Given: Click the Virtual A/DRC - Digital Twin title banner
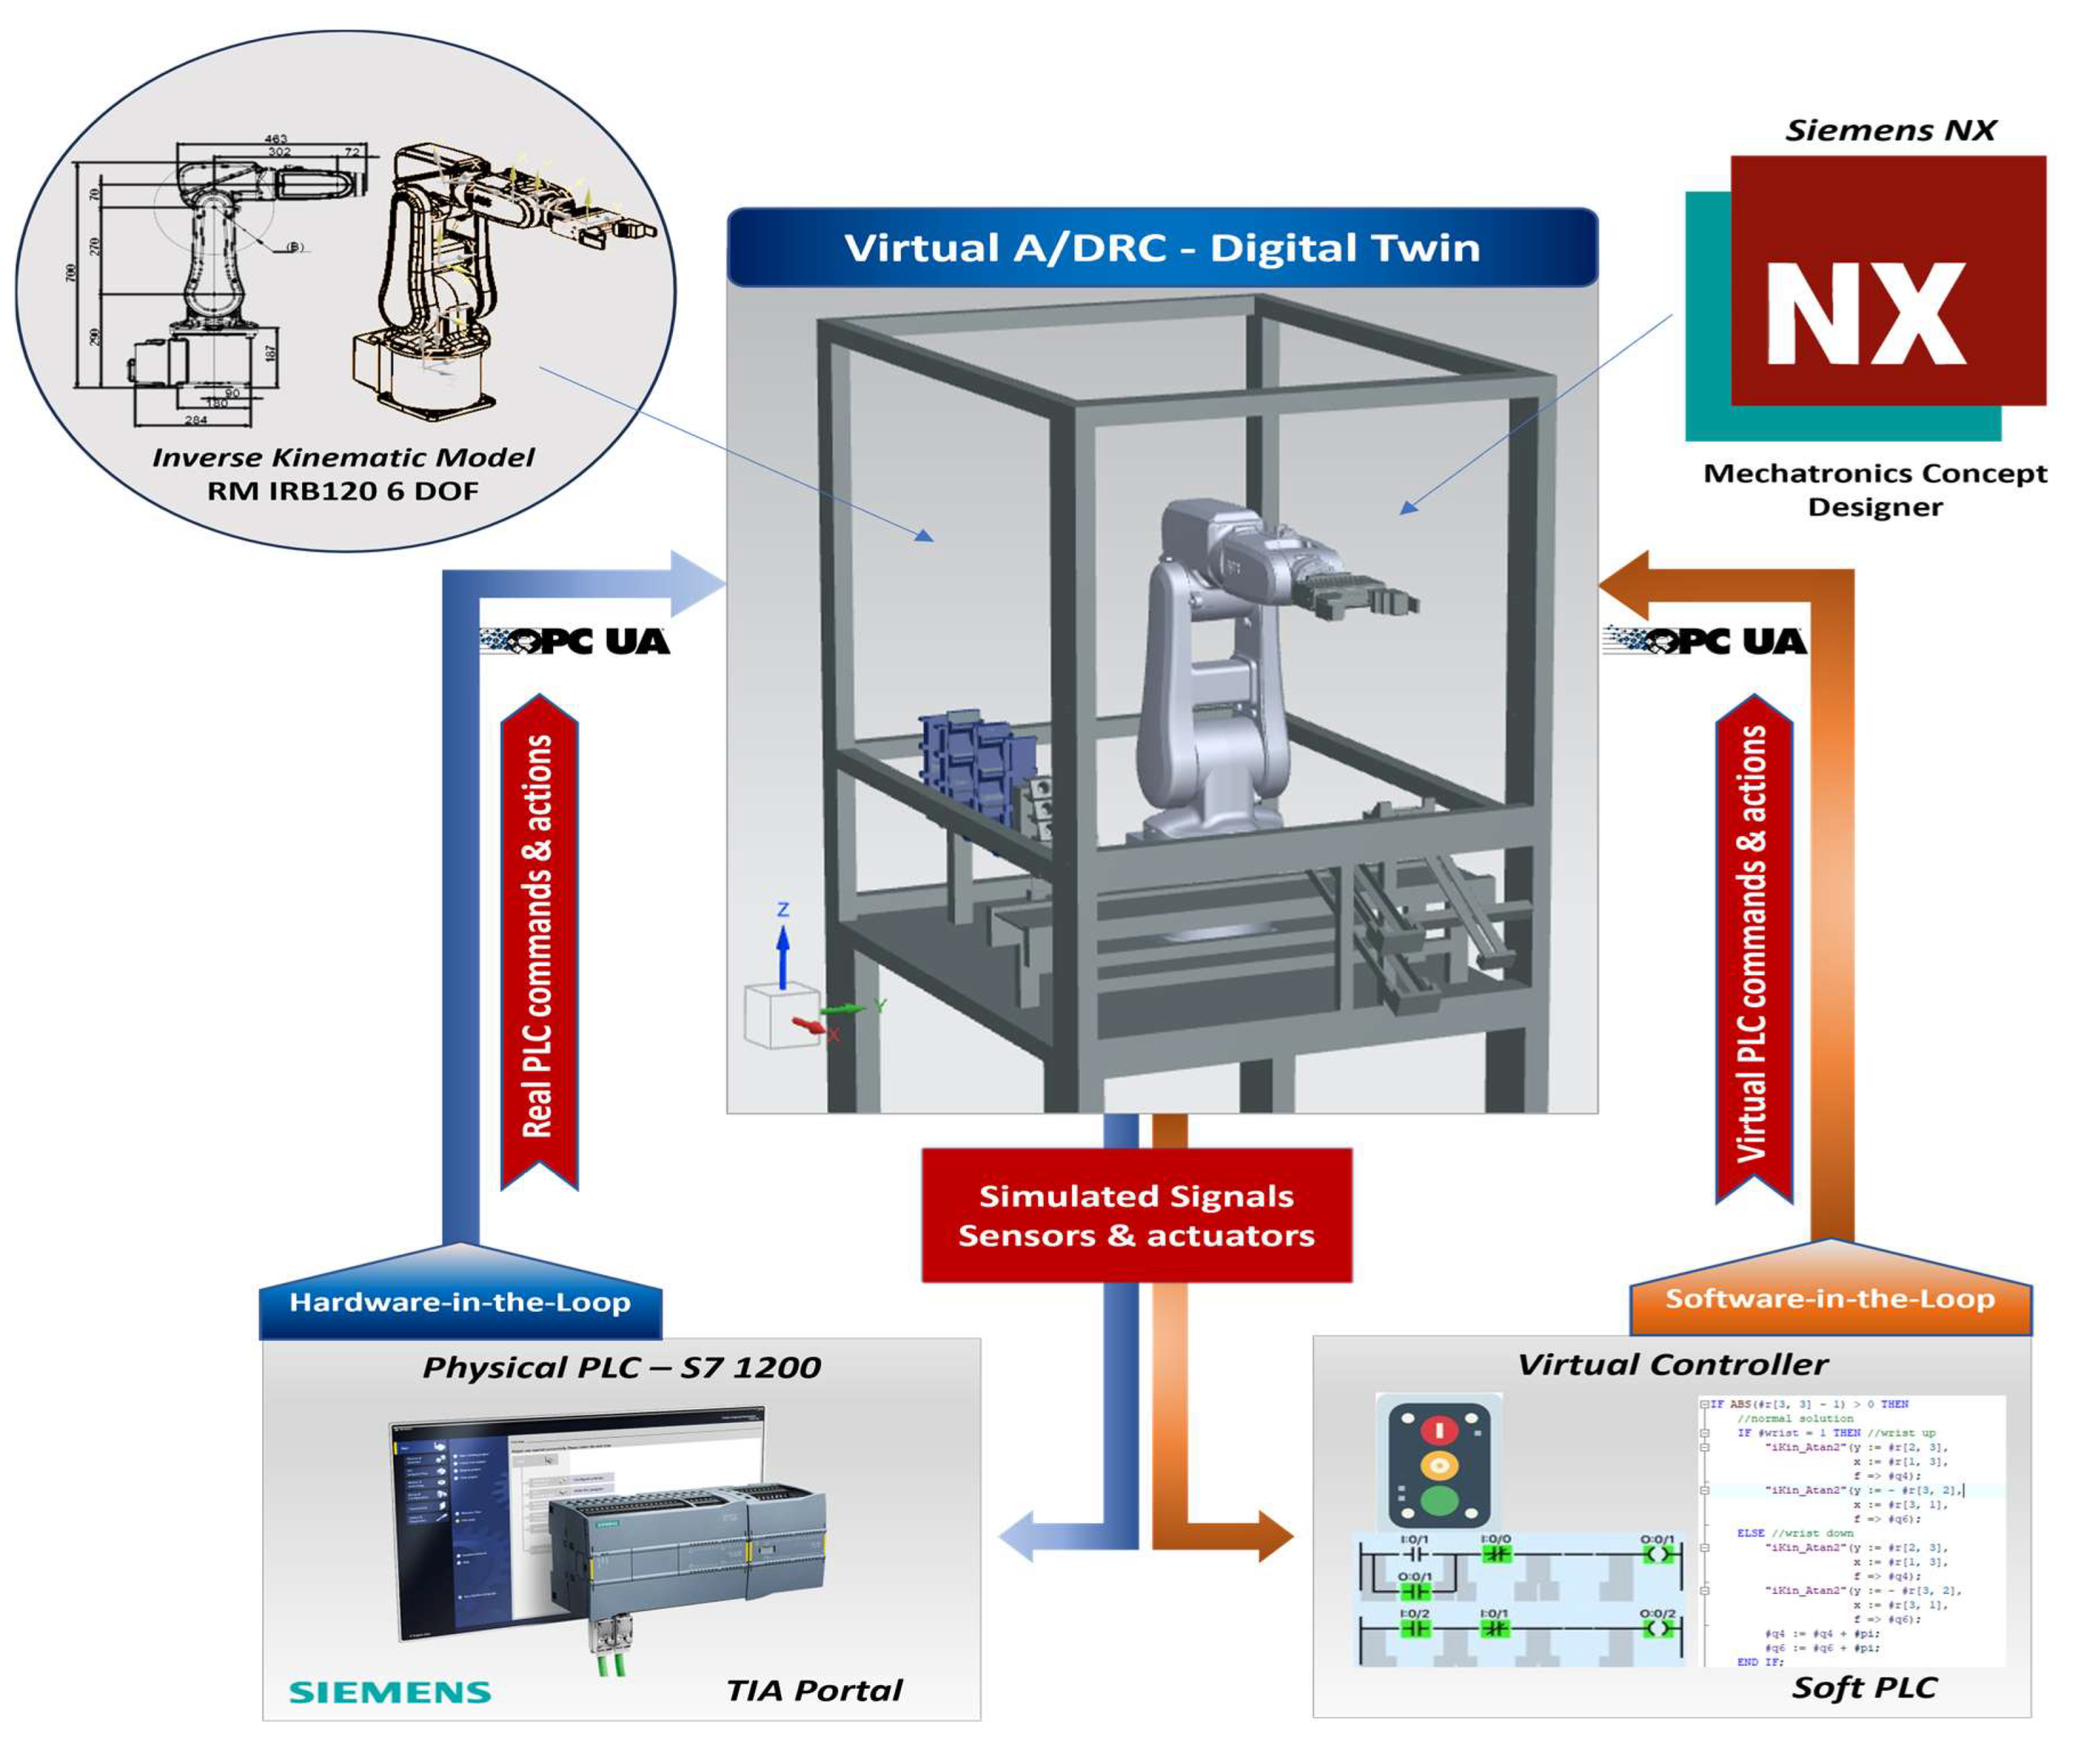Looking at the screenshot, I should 1161,248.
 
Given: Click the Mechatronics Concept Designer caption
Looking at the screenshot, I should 1874,490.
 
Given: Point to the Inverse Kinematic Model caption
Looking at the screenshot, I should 343,457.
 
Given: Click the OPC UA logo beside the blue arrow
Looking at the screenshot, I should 575,641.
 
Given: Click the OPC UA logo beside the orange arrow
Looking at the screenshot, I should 1705,641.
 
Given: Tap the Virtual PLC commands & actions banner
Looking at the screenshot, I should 1753,946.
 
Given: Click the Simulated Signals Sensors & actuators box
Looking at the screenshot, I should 1136,1215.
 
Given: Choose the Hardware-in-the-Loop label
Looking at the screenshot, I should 460,1302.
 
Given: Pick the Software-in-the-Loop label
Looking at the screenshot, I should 1829,1299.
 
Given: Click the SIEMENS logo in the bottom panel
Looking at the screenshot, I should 391,1692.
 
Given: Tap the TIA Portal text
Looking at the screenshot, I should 814,1690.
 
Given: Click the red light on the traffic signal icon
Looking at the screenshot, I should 1438,1430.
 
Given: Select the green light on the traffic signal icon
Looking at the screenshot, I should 1438,1499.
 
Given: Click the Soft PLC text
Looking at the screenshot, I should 1864,1687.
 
